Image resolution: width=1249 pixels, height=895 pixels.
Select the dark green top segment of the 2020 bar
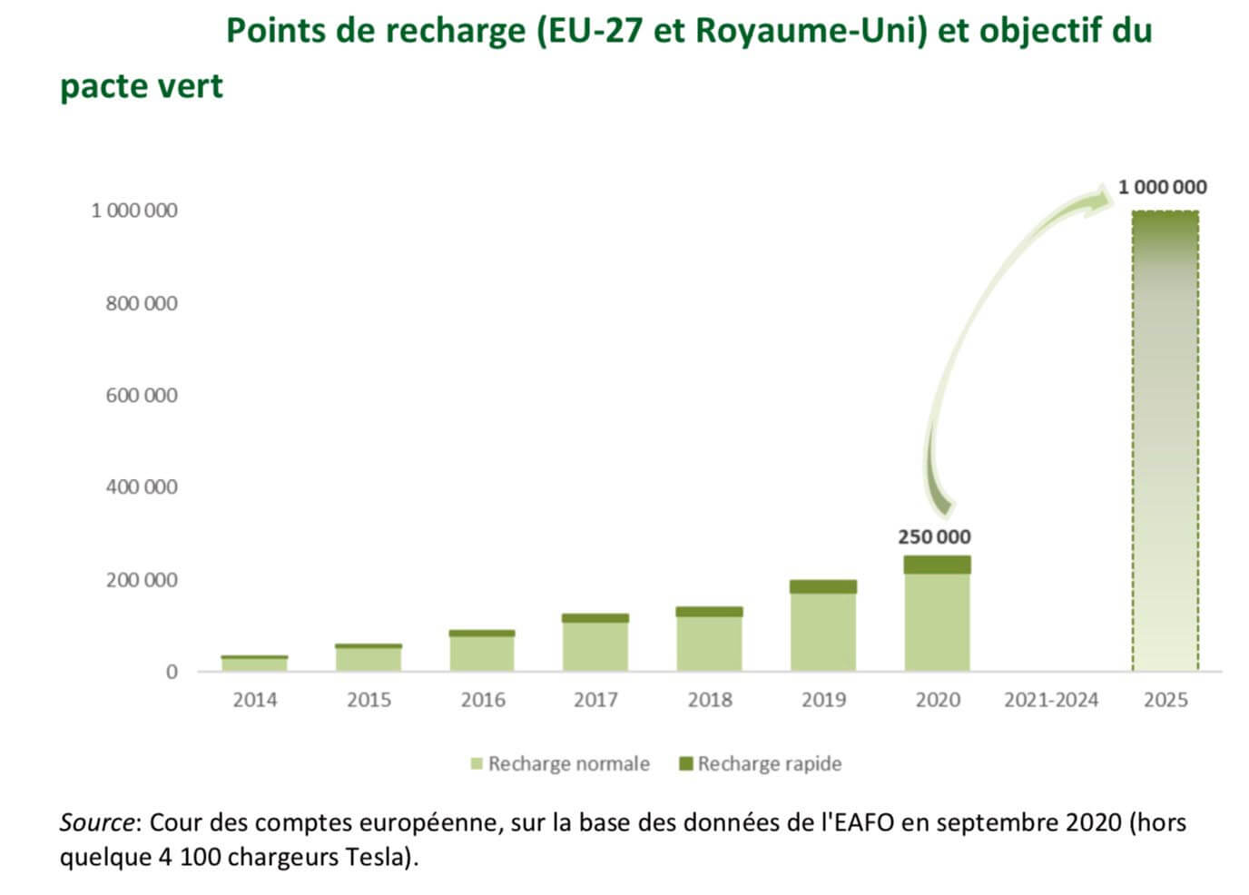(x=937, y=565)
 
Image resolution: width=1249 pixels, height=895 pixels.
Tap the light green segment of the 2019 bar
(x=822, y=633)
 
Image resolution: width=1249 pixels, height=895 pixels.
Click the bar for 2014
(x=254, y=664)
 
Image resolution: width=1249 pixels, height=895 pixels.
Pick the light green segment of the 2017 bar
(x=595, y=647)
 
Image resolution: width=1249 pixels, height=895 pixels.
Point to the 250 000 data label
(x=934, y=536)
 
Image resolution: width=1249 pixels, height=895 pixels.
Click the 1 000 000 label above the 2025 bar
(x=1162, y=187)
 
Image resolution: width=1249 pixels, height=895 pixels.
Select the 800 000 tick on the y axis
(x=142, y=303)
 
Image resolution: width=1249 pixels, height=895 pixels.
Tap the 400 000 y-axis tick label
(x=142, y=487)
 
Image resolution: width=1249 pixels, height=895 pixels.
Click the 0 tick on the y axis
(x=172, y=672)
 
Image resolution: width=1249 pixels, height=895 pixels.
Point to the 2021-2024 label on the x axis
(x=1050, y=700)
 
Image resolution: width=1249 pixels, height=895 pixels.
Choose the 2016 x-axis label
(x=482, y=700)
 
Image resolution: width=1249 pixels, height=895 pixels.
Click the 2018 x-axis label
(x=710, y=700)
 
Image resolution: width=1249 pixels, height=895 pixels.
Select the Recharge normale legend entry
(x=560, y=763)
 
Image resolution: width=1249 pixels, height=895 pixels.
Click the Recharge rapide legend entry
(x=761, y=763)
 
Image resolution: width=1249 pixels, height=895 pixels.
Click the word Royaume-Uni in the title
(x=811, y=31)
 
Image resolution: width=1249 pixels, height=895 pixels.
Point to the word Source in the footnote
(x=97, y=822)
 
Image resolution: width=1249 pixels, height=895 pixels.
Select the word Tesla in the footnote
(x=373, y=857)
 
